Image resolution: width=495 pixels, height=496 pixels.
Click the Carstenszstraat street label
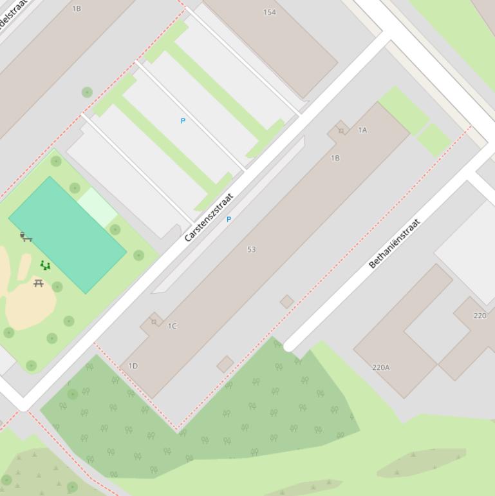(x=208, y=218)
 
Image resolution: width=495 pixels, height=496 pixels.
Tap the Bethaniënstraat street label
(x=394, y=243)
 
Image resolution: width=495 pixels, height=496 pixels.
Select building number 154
(x=270, y=12)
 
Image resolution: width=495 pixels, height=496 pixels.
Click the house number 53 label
(x=251, y=249)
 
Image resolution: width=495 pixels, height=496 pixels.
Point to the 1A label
(x=362, y=130)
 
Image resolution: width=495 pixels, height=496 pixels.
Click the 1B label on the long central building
(x=335, y=158)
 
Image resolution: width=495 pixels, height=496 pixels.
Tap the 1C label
(x=172, y=326)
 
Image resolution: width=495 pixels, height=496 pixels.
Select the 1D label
(x=133, y=366)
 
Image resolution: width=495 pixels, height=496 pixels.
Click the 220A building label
(x=380, y=367)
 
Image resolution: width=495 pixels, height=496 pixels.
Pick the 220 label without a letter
(x=480, y=316)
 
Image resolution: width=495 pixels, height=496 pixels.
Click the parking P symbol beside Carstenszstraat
(x=229, y=220)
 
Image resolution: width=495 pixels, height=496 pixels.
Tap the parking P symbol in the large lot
(x=183, y=121)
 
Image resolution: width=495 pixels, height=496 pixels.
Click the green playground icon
(x=45, y=265)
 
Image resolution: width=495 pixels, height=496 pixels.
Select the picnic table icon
(x=39, y=283)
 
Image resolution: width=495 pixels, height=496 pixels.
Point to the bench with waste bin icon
(x=25, y=237)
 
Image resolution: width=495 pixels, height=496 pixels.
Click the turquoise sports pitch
(x=67, y=236)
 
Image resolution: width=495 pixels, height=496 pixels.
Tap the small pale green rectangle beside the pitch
(x=97, y=206)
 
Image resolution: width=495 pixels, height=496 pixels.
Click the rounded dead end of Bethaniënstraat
(x=289, y=346)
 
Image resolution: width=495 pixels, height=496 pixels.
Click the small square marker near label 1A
(x=341, y=131)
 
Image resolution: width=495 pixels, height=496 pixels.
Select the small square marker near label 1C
(x=153, y=321)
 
